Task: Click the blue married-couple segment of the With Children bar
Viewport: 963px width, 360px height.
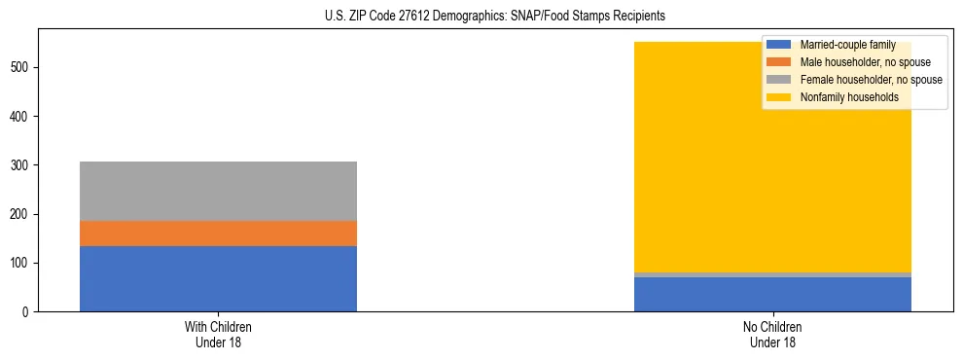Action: tap(218, 278)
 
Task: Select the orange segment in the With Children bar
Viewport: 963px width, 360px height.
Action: tap(218, 234)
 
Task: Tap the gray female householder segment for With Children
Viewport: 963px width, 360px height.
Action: tap(218, 191)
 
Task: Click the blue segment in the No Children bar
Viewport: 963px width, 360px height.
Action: tap(772, 295)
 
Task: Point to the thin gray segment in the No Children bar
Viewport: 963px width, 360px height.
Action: tap(772, 275)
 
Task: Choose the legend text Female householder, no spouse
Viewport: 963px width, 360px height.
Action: tap(871, 80)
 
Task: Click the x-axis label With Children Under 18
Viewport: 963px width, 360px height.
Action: tap(218, 334)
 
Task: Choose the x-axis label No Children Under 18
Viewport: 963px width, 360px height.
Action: tap(772, 334)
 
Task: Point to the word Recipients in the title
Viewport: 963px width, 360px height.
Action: tap(639, 17)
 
